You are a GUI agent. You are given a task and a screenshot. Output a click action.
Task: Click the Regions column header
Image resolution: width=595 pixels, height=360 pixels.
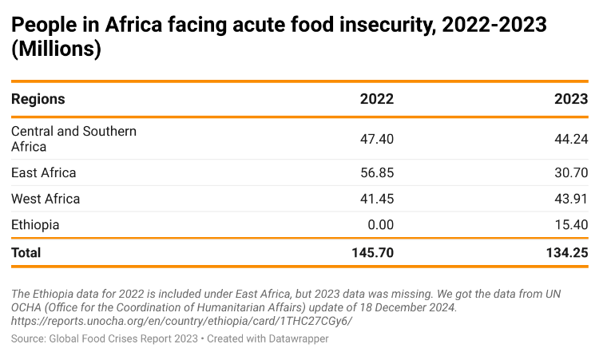tap(38, 100)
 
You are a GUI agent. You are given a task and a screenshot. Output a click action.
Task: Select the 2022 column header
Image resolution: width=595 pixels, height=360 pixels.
tap(376, 100)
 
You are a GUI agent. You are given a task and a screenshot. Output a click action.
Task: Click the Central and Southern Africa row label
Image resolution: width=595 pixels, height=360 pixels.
tap(73, 139)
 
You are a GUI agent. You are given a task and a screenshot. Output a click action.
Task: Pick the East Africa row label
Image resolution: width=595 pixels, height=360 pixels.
tap(44, 173)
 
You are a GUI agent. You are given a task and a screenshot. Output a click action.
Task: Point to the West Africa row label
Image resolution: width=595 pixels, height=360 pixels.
tap(46, 199)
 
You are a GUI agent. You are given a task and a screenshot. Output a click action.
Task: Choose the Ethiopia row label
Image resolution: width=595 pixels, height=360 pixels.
tap(35, 225)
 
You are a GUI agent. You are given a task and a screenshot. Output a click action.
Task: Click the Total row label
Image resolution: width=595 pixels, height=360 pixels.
tap(26, 252)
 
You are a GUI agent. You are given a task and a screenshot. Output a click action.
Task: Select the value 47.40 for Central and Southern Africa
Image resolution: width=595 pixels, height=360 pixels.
tap(377, 139)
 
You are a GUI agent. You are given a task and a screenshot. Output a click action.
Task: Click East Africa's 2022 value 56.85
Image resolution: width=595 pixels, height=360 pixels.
tap(377, 173)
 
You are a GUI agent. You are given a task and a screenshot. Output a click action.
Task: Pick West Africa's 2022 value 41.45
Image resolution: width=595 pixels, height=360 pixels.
tap(377, 199)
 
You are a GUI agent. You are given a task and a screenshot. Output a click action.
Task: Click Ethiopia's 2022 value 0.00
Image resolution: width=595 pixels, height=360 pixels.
tap(380, 225)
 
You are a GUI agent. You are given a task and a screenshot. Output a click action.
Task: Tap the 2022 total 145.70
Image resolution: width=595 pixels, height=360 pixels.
tap(373, 252)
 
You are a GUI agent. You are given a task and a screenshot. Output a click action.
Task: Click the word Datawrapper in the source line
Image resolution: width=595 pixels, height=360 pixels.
tap(296, 339)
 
